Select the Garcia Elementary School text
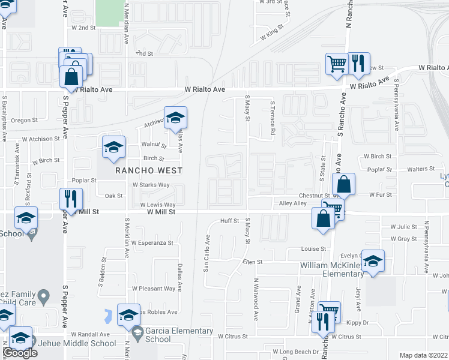point(179,335)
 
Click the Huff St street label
point(229,221)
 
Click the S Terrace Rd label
point(272,118)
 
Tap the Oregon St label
point(25,120)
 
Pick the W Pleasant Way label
point(154,289)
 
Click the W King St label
point(272,33)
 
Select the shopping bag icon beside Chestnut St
point(344,185)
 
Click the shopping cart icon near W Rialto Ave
point(337,63)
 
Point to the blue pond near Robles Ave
point(108,314)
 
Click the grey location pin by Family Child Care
point(43,296)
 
